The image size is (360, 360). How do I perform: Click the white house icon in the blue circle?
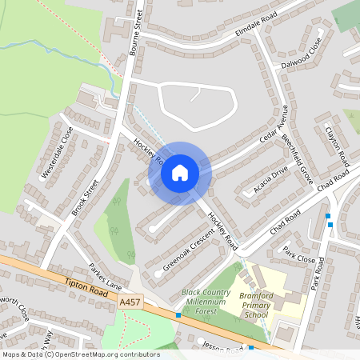click(x=180, y=172)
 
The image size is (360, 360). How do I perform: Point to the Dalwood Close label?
click(x=301, y=58)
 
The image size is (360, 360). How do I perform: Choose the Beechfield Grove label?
click(x=297, y=157)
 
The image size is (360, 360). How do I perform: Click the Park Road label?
click(x=318, y=274)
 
